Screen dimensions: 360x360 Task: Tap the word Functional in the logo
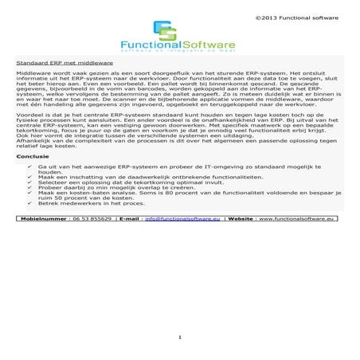(x=149, y=45)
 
